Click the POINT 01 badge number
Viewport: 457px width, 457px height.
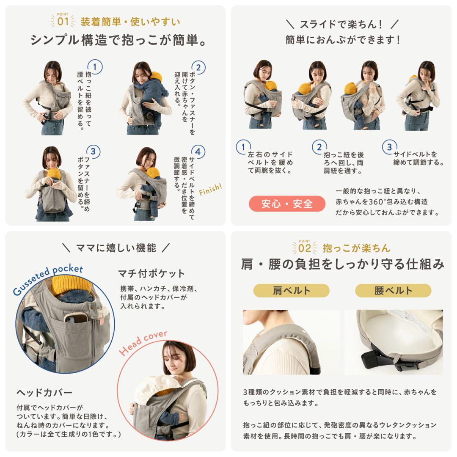(63, 21)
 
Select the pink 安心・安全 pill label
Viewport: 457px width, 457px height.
(287, 204)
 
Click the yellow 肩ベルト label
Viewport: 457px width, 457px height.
(291, 291)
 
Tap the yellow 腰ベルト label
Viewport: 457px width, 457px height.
(393, 291)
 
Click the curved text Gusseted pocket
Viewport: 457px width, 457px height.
(47, 280)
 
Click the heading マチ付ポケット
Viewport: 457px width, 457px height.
(151, 273)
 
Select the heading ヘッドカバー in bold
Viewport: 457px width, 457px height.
(44, 392)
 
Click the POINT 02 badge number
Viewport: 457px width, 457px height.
(304, 248)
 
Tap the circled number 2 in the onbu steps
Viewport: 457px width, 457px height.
(319, 147)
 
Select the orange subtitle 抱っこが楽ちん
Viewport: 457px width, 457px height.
(356, 248)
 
